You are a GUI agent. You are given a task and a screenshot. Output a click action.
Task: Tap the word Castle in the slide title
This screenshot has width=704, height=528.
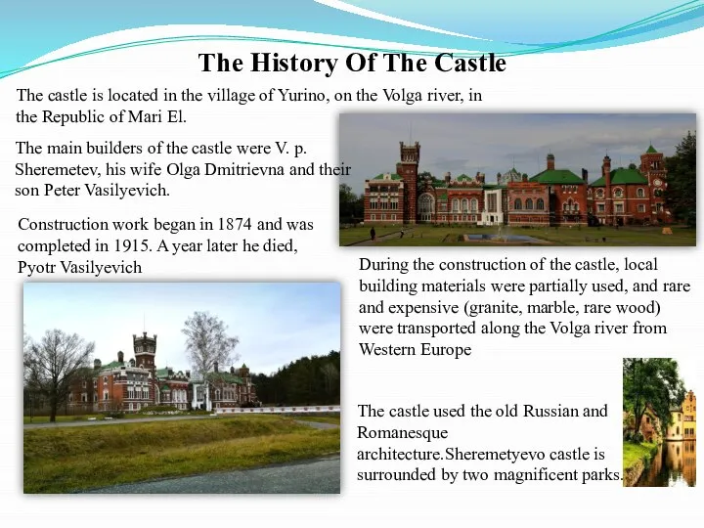(470, 63)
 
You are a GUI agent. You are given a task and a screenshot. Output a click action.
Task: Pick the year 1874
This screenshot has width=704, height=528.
(235, 224)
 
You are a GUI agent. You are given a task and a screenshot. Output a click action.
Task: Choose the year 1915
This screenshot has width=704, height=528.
(131, 245)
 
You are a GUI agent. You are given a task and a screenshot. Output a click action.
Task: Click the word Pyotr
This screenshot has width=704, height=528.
(37, 268)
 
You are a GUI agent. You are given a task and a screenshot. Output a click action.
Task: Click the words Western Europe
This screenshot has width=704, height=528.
(416, 349)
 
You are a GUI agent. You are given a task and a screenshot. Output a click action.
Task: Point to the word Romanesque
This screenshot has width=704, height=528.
(402, 433)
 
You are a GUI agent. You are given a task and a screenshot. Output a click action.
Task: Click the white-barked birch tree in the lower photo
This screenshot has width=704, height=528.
(208, 355)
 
